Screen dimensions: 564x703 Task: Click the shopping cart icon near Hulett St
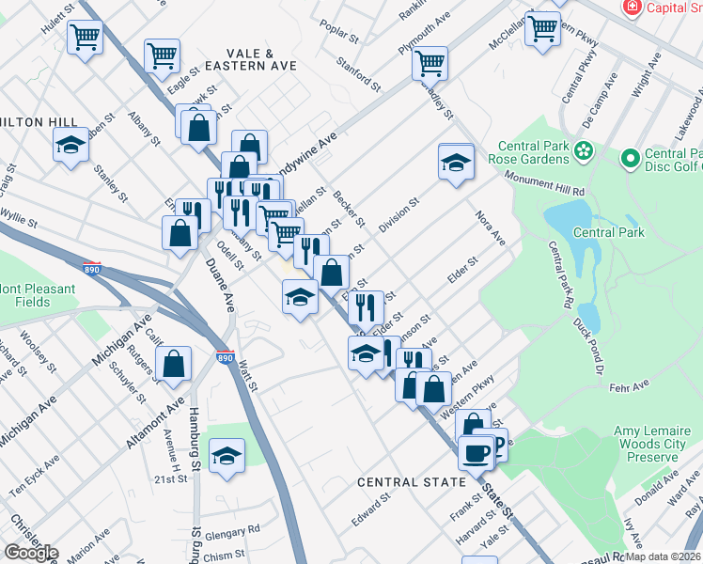85,38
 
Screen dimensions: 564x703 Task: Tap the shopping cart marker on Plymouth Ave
430,63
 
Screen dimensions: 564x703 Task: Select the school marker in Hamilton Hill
70,146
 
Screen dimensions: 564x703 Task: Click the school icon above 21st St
226,456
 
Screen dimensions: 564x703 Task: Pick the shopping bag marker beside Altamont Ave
174,364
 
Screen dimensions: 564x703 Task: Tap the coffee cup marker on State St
476,453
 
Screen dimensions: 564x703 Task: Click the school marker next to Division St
456,162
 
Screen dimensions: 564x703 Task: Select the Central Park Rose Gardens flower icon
584,150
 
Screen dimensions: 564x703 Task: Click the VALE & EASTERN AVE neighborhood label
261,59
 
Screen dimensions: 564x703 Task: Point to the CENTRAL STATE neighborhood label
412,482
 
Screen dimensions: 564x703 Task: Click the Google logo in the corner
30,553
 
